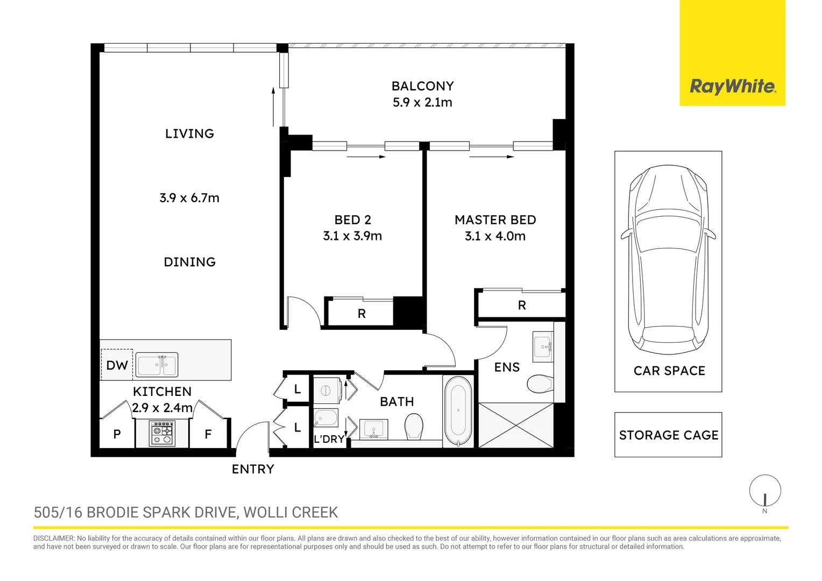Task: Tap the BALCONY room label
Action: pos(423,86)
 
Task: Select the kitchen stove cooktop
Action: pos(162,433)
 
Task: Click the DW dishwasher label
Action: pos(117,365)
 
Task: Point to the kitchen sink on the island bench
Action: pos(157,364)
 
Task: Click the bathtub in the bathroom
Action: pos(458,410)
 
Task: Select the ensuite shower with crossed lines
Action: pos(516,426)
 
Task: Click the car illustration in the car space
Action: pos(668,259)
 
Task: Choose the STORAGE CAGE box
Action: pos(668,435)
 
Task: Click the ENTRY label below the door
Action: pos(253,469)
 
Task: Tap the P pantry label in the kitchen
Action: pos(117,434)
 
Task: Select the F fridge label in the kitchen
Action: pos(208,434)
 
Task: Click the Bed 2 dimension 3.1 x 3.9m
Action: pos(352,236)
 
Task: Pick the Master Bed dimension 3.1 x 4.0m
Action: pos(495,236)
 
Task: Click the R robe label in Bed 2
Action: pos(362,314)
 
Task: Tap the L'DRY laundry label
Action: pos(329,439)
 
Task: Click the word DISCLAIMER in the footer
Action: pos(54,539)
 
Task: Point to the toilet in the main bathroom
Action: pos(414,426)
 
